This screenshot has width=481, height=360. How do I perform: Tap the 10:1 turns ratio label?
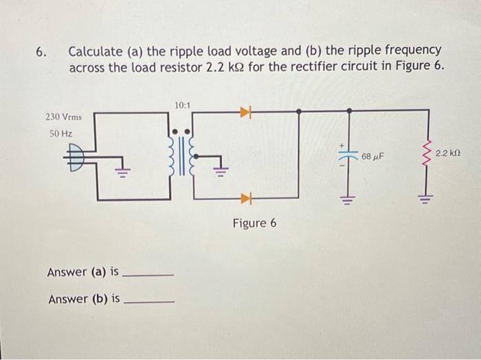(x=182, y=105)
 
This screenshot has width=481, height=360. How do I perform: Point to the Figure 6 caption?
(x=254, y=224)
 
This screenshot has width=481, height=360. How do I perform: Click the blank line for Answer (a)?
(x=148, y=275)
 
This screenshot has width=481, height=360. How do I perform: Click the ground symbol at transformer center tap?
(x=219, y=170)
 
